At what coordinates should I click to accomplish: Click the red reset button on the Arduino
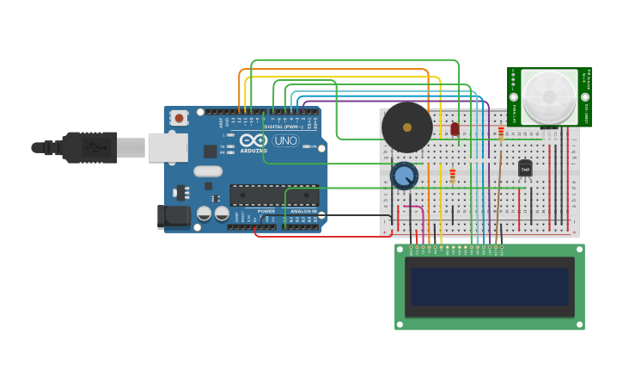pyautogui.click(x=179, y=117)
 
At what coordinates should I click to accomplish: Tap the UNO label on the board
pyautogui.click(x=286, y=140)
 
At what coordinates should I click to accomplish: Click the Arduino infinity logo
pyautogui.click(x=253, y=140)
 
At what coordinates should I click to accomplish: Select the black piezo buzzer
pyautogui.click(x=406, y=127)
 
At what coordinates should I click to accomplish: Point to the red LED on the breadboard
pyautogui.click(x=455, y=129)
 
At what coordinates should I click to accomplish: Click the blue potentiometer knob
pyautogui.click(x=404, y=176)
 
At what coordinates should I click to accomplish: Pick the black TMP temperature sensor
pyautogui.click(x=525, y=169)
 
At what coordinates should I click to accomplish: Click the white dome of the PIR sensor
pyautogui.click(x=548, y=96)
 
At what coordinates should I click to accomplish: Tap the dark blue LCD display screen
pyautogui.click(x=489, y=287)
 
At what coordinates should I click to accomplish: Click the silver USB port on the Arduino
pyautogui.click(x=168, y=147)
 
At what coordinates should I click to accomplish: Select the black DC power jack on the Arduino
pyautogui.click(x=173, y=216)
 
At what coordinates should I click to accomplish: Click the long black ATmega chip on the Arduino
pyautogui.click(x=273, y=195)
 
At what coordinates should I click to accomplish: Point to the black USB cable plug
pyautogui.click(x=89, y=147)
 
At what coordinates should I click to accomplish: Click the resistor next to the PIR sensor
pyautogui.click(x=501, y=133)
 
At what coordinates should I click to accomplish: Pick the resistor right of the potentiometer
pyautogui.click(x=453, y=176)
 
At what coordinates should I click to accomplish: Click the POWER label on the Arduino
pyautogui.click(x=266, y=211)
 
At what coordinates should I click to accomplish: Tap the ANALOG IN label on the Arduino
pyautogui.click(x=302, y=211)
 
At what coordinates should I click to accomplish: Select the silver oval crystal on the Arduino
pyautogui.click(x=208, y=170)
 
